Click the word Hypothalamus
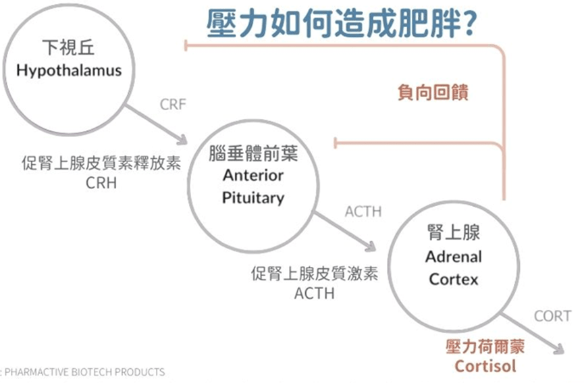[69, 71]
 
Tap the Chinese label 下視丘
[69, 47]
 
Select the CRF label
[173, 105]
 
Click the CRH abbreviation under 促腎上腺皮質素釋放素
[101, 183]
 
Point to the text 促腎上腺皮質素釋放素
[101, 163]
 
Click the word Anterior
[253, 175]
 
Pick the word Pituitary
[253, 198]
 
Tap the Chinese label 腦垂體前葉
[253, 153]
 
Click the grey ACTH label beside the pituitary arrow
[363, 211]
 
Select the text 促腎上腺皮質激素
[315, 274]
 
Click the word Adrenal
[454, 257]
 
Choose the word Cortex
[454, 280]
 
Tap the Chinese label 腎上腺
[454, 232]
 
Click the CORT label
[552, 316]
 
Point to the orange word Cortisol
[485, 366]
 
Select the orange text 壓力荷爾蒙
[485, 347]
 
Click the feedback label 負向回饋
[433, 92]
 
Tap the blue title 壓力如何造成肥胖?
[341, 24]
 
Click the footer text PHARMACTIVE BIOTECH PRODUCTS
[85, 372]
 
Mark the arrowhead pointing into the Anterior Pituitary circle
[182, 140]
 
